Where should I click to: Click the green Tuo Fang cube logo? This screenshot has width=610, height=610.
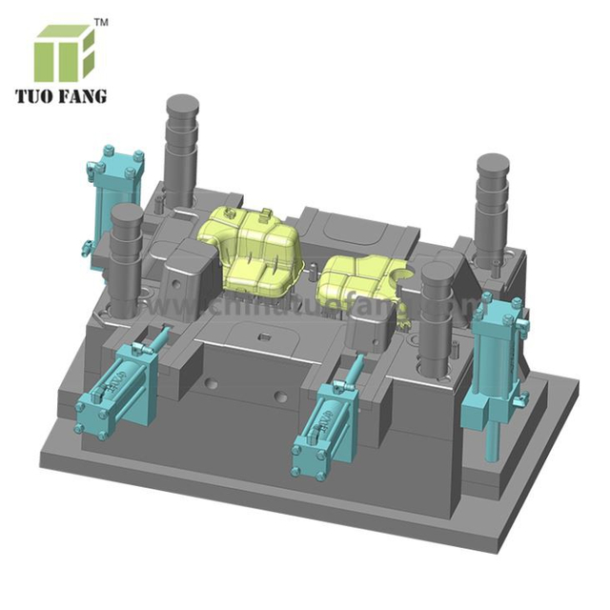pyautogui.click(x=65, y=52)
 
